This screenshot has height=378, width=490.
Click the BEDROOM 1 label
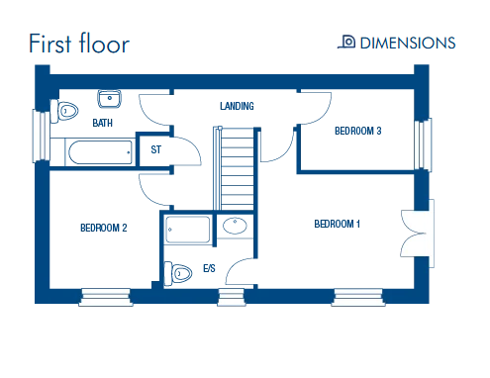click(x=337, y=224)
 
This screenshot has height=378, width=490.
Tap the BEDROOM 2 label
click(x=104, y=228)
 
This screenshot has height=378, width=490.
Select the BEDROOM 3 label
click(x=358, y=131)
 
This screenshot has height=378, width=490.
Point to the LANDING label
click(x=237, y=106)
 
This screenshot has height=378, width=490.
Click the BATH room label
click(x=103, y=123)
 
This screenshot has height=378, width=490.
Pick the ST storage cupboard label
click(x=156, y=149)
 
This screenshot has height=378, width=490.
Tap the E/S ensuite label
click(x=209, y=268)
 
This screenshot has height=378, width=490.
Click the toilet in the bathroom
click(x=64, y=111)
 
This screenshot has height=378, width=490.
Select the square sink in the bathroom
click(x=110, y=99)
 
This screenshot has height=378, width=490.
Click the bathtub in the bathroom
click(x=100, y=152)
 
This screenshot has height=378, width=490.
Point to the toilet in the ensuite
click(x=178, y=273)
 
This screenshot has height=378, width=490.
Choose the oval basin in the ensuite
click(x=235, y=226)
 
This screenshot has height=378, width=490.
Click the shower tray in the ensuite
click(x=187, y=230)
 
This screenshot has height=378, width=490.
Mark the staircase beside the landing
click(x=234, y=168)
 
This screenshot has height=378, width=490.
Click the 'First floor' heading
click(x=79, y=44)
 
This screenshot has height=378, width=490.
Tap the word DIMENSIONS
click(x=408, y=44)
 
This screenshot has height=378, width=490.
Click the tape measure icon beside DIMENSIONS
click(x=346, y=42)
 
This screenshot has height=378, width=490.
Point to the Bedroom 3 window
click(x=423, y=145)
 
